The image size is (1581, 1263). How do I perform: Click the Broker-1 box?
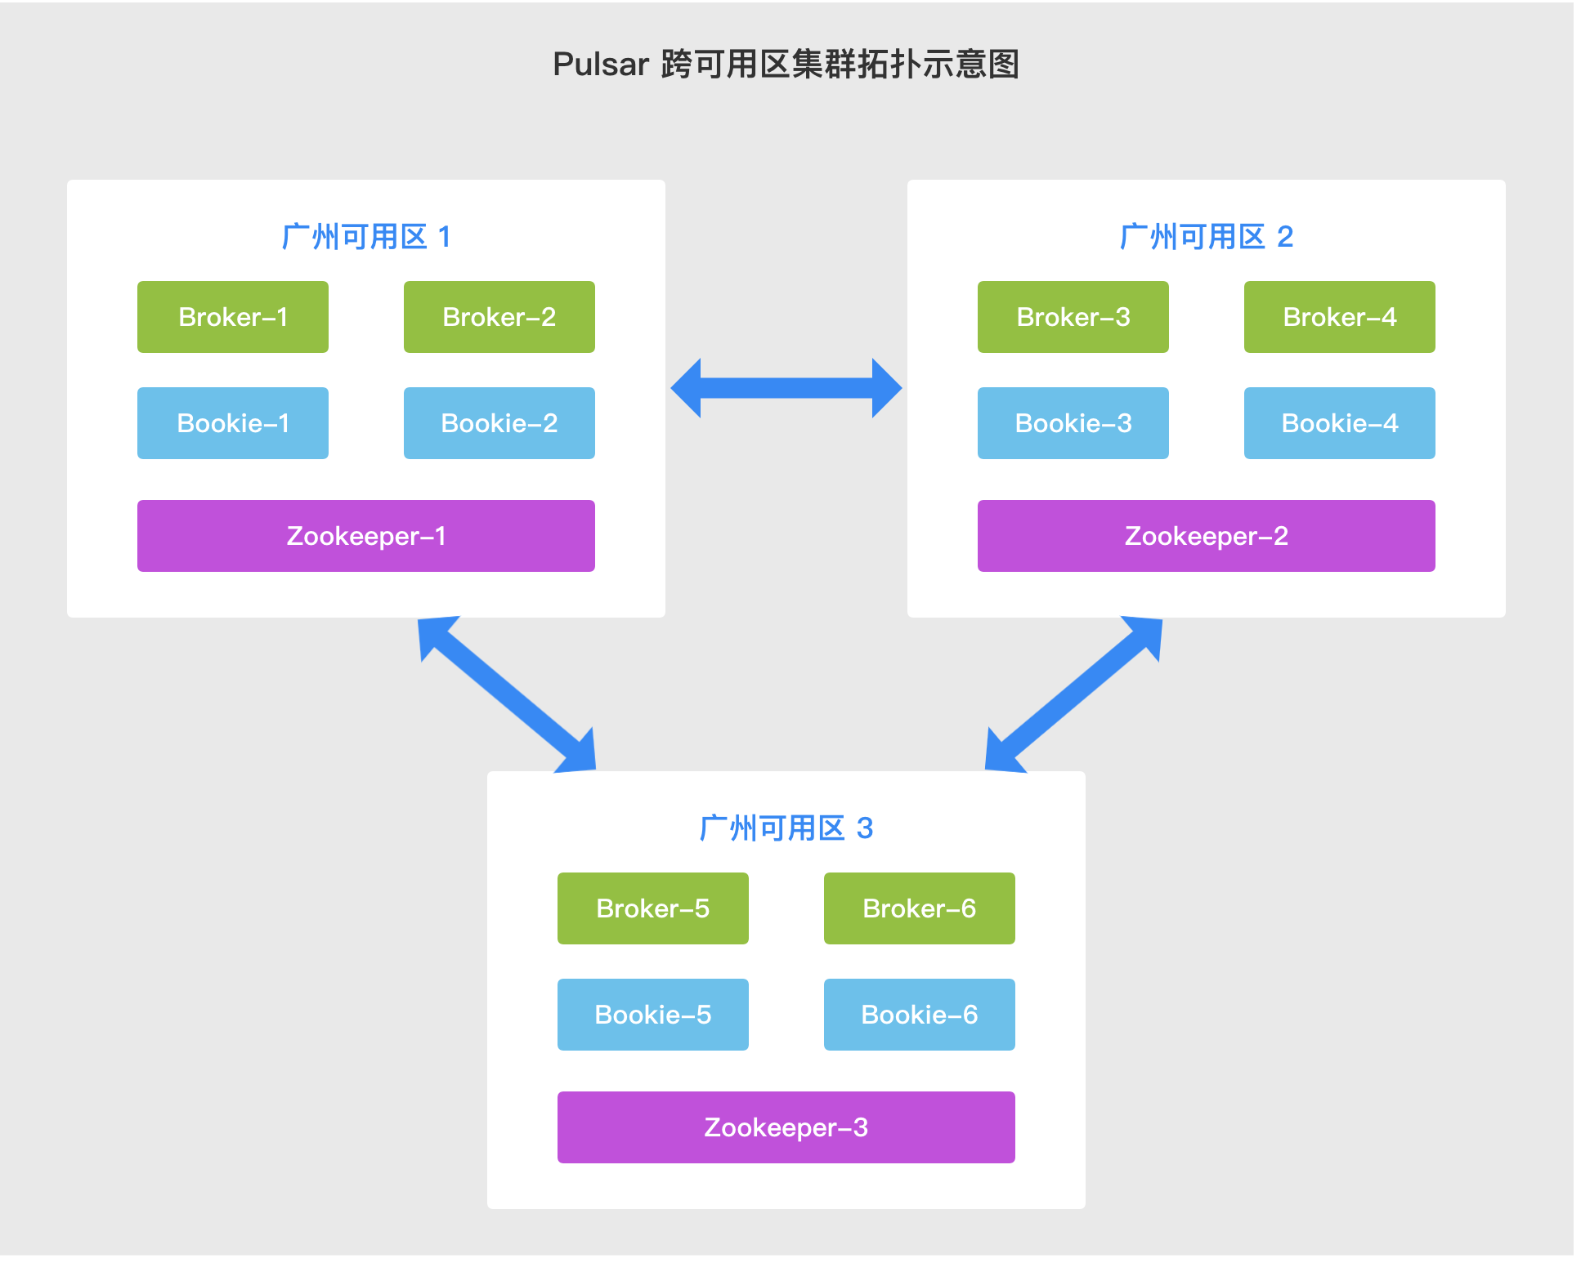pos(233,317)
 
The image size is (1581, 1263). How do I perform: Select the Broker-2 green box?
pos(499,317)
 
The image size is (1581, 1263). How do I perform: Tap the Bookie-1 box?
pos(233,423)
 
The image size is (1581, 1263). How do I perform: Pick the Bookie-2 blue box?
pos(499,423)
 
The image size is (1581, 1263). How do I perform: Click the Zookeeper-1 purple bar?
pos(365,536)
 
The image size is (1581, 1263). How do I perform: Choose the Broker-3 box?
pos(1073,317)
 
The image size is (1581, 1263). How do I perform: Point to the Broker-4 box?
pos(1339,317)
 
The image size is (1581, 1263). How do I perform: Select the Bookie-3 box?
pos(1073,423)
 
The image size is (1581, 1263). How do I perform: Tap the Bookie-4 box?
pos(1339,423)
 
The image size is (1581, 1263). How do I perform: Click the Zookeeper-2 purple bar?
pos(1206,536)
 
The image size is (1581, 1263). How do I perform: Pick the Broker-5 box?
pos(652,908)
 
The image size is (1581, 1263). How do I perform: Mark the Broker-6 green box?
pos(919,908)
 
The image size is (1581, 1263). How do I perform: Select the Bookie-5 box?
pos(652,1015)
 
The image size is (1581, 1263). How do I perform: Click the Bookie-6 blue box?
pos(919,1015)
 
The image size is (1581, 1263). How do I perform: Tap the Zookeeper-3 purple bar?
pos(786,1127)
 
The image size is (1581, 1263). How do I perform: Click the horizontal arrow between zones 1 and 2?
pos(786,388)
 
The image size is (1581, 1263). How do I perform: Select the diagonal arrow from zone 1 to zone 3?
pos(508,694)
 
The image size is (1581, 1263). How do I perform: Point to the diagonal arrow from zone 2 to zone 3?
pos(1073,694)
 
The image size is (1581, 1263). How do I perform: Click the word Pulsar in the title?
pos(601,65)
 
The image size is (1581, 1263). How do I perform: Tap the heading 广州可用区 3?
pos(786,828)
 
